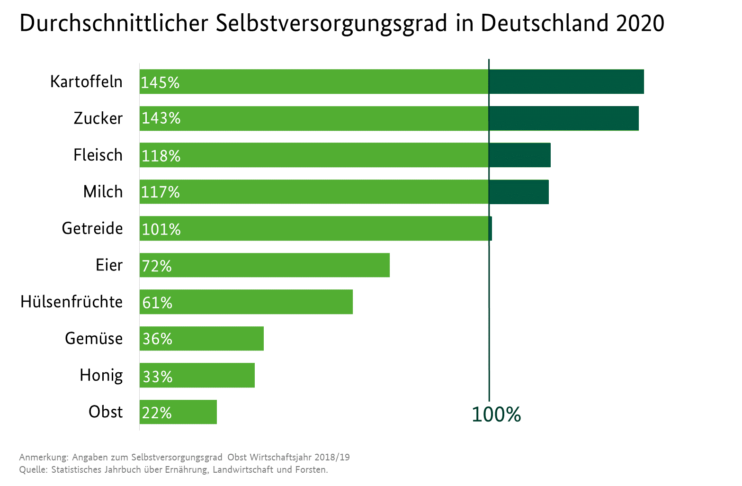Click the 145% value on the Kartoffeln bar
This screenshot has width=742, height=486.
pyautogui.click(x=160, y=82)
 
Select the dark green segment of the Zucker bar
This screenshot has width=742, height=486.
pyautogui.click(x=563, y=118)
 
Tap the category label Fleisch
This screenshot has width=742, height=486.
pyautogui.click(x=98, y=155)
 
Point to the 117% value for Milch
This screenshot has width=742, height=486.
pyautogui.click(x=160, y=192)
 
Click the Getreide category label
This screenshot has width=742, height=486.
pyautogui.click(x=92, y=228)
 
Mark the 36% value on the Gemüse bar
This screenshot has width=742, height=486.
pyautogui.click(x=157, y=339)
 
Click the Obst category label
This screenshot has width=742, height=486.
pyautogui.click(x=106, y=412)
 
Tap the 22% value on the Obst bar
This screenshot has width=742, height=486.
pyautogui.click(x=157, y=413)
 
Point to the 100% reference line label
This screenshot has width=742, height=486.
pyautogui.click(x=496, y=414)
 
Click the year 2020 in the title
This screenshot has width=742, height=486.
pyautogui.click(x=640, y=23)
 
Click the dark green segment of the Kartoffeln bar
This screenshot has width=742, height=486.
pyautogui.click(x=566, y=81)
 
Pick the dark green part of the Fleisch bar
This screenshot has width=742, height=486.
pyautogui.click(x=519, y=155)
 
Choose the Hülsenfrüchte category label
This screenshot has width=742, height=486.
pyautogui.click(x=72, y=302)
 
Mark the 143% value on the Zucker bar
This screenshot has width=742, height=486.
pyautogui.click(x=161, y=118)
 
